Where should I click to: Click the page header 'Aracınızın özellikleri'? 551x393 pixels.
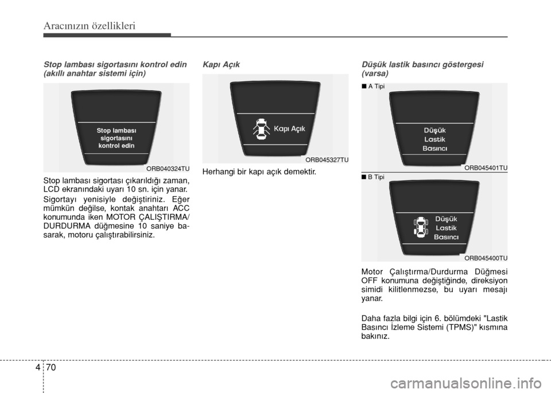pos(90,26)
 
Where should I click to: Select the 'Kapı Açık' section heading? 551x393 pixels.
pos(221,65)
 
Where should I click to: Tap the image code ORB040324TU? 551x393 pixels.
pos(168,169)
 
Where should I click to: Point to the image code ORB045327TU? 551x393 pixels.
pos(327,160)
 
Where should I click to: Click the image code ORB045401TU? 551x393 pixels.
pos(486,168)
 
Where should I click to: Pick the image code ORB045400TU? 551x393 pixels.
pos(486,258)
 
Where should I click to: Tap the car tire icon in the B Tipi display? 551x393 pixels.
pos(421,227)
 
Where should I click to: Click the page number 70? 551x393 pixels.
pos(51,368)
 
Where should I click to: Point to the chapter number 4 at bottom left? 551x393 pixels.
pos(38,368)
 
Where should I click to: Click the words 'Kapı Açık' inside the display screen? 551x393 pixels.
pos(289,129)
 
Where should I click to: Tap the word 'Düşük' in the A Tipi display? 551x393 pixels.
pos(434,130)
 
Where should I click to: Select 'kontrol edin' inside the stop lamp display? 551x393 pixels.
pos(117,146)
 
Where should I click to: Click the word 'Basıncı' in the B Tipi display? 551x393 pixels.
pos(447,237)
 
